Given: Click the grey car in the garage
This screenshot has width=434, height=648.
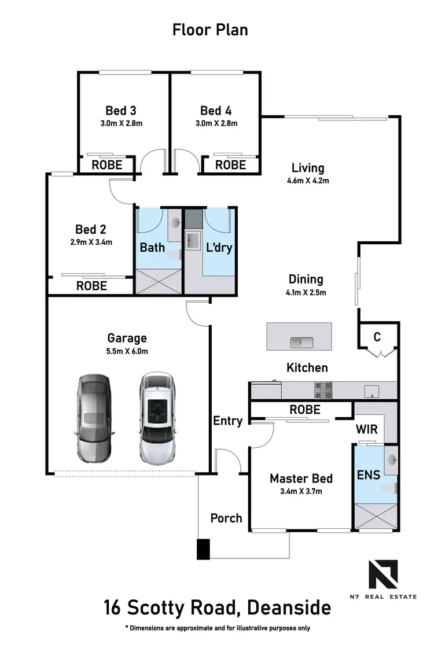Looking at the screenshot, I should coord(93,417).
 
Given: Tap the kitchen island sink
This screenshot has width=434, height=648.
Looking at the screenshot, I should coord(301,343).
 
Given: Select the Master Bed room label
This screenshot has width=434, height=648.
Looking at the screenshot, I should coord(301,478).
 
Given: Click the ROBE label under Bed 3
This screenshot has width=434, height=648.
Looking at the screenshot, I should coord(107,165).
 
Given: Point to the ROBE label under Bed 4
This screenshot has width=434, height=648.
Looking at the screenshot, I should coord(230,165).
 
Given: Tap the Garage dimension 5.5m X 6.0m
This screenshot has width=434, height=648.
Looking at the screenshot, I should coord(127,351).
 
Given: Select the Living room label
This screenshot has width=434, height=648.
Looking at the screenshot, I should coord(307,168).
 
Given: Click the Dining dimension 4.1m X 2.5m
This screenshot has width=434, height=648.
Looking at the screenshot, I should coord(307,292).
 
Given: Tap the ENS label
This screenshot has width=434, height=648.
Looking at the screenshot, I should coord(368,475).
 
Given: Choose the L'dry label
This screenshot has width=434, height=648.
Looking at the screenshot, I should coord(219,248).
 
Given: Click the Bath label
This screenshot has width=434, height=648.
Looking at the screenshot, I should coord(152,248).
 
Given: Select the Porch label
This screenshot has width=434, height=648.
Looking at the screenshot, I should coord(226,518).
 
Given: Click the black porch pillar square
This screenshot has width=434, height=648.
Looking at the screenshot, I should coord(203,549).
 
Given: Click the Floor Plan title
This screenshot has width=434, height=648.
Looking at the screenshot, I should coord(210,30).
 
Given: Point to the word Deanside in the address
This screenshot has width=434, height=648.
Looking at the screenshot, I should coord(289,608).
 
